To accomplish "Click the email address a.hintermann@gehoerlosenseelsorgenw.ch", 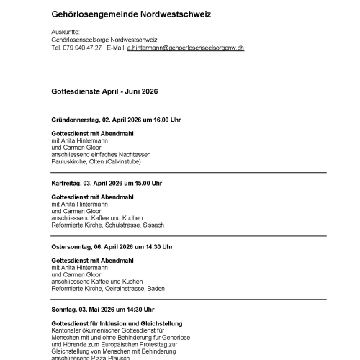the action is pos(185,48).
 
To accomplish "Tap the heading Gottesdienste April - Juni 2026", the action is pos(104,92).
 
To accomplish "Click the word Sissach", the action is pos(154,225).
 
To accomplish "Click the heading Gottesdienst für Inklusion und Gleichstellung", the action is pos(117,323).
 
